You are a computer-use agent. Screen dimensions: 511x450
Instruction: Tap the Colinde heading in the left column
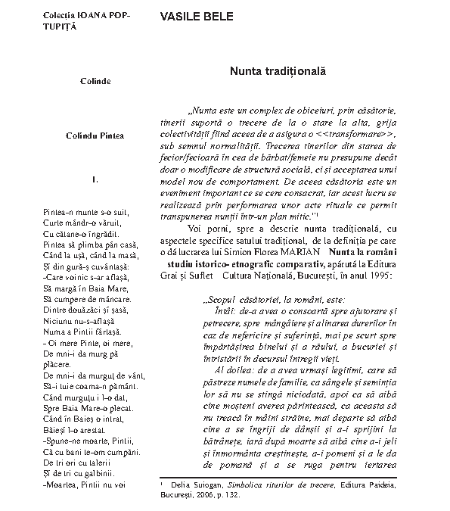95,81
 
